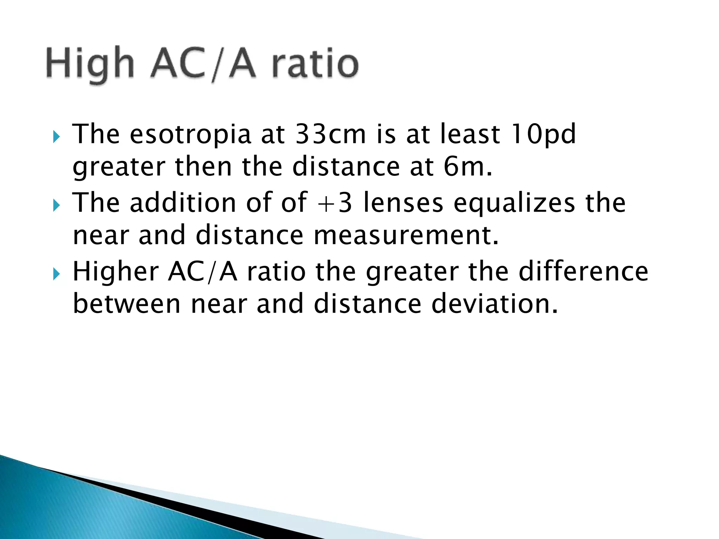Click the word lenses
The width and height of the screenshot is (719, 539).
403,203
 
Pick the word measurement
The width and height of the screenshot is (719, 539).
406,235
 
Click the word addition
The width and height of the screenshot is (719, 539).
183,203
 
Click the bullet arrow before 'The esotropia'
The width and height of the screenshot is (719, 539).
57,137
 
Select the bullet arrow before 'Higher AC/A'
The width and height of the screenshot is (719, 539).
57,274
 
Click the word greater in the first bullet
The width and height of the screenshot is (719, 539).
119,168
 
